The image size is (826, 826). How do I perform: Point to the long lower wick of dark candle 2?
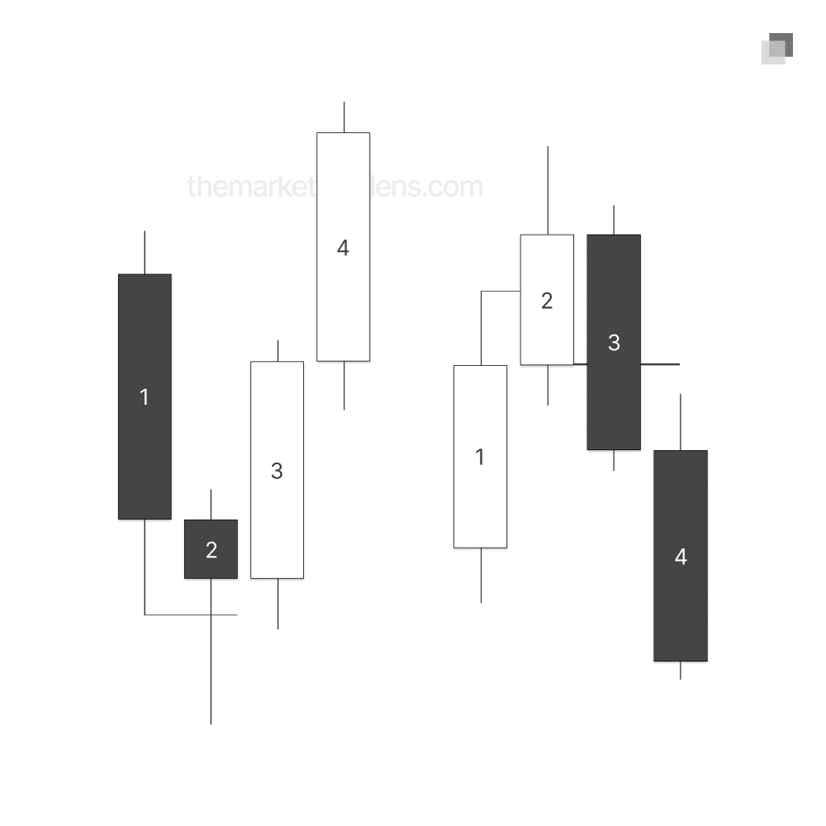[211, 661]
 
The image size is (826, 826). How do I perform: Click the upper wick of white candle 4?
[344, 116]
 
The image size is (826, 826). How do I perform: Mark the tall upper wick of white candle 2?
[547, 190]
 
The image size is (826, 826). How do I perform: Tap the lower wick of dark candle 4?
[680, 671]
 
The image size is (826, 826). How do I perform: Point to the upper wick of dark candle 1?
[145, 252]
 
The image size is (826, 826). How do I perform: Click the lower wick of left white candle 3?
[278, 604]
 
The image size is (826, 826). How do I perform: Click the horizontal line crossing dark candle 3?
[660, 363]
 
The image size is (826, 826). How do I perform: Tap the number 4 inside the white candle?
[343, 248]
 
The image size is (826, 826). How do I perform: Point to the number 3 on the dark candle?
[614, 343]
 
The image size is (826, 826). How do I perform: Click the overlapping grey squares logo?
[777, 48]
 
